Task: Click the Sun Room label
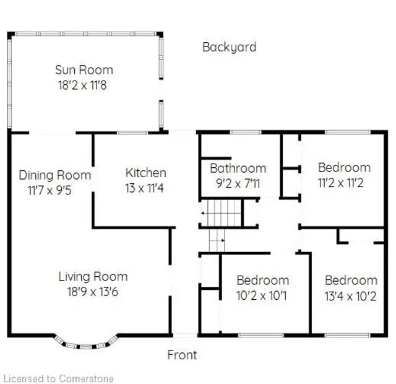click(84, 69)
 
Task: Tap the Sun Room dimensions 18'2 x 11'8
click(84, 85)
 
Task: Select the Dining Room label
click(54, 175)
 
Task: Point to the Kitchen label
click(145, 173)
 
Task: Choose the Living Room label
click(93, 276)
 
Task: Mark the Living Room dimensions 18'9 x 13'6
click(93, 292)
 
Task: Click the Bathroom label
click(238, 168)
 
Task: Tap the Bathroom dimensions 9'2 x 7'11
click(238, 183)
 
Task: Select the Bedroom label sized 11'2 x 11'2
click(344, 167)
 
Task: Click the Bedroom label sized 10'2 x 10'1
click(262, 280)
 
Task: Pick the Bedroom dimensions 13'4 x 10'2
click(351, 295)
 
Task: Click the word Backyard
click(229, 47)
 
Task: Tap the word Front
click(183, 355)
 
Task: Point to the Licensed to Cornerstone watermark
click(59, 378)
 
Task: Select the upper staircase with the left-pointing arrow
click(222, 214)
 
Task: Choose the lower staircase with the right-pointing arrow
click(217, 240)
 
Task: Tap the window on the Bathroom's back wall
click(246, 132)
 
